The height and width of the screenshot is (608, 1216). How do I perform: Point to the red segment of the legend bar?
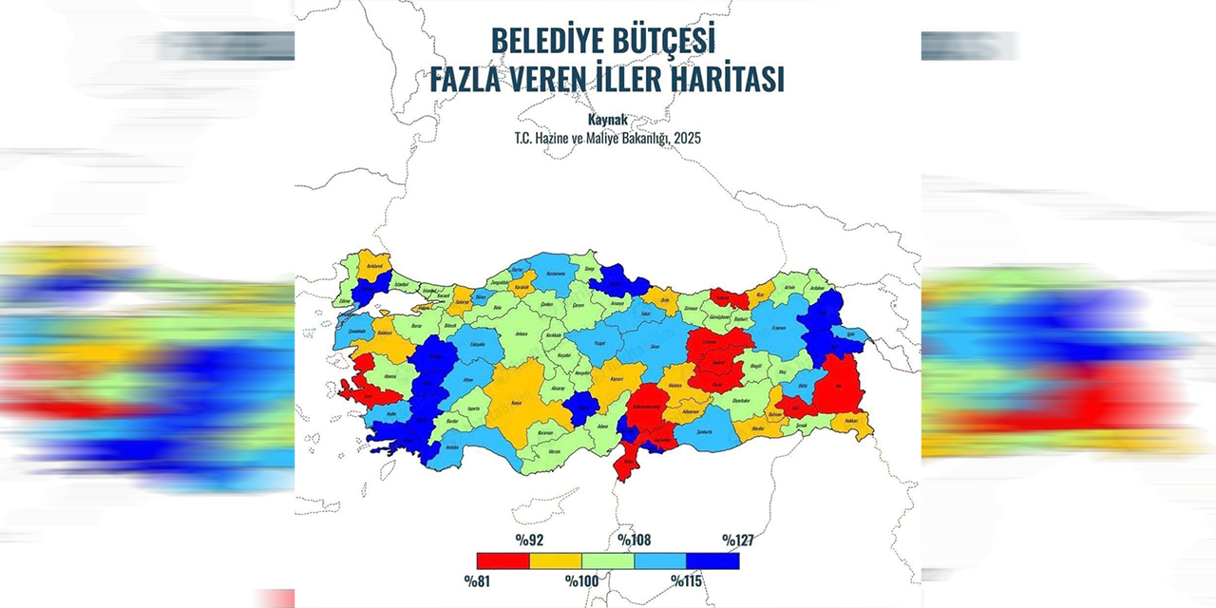[503, 561]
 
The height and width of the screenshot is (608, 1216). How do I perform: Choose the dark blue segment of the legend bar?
[712, 561]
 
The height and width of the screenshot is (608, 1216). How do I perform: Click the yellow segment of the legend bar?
[555, 561]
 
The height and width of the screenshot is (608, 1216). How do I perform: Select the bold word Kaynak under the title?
[608, 121]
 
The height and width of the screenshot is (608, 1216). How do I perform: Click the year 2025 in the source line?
[687, 139]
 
